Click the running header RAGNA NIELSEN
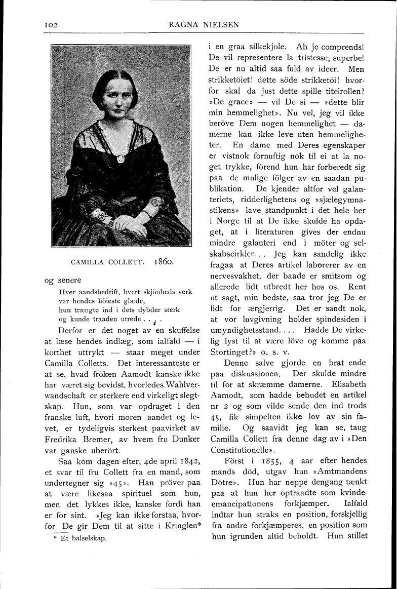pos(198,24)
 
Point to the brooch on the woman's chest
pos(120,159)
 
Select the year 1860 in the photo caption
pos(163,262)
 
